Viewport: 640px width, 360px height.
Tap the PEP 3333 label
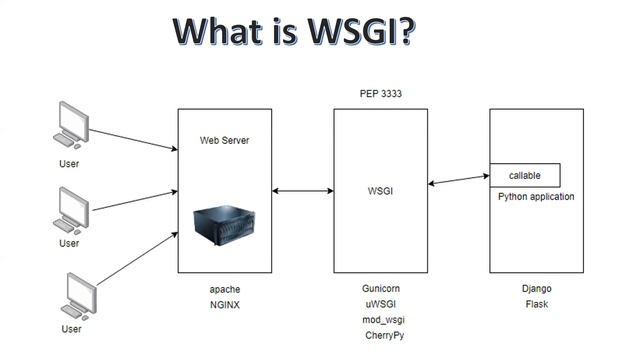(x=381, y=93)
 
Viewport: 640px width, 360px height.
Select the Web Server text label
(x=225, y=140)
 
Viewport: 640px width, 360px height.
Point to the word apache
(x=225, y=288)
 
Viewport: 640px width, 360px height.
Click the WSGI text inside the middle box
(x=381, y=188)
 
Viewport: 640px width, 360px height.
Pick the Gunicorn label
(x=381, y=288)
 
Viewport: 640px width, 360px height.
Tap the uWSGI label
(x=381, y=303)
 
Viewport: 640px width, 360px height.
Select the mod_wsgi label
(x=381, y=319)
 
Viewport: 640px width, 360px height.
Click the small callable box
(x=524, y=175)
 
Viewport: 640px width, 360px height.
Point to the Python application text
(x=536, y=197)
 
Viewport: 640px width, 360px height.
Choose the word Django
(x=536, y=288)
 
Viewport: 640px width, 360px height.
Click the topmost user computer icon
(x=70, y=128)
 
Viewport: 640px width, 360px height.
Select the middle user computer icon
(x=70, y=211)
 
